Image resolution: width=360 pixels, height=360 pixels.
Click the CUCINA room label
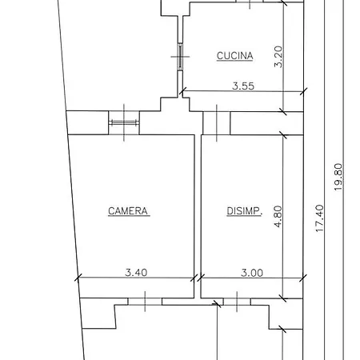pos(234,56)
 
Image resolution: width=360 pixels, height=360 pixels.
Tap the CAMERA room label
pos(128,211)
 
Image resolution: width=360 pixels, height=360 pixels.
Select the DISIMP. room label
pos(244,211)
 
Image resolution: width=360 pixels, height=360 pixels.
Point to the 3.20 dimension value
pos(278,57)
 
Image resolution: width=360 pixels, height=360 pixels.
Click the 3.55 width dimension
pos(243,86)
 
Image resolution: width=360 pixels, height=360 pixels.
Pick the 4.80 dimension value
pos(278,216)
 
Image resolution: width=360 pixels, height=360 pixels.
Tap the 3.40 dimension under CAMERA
pos(136,273)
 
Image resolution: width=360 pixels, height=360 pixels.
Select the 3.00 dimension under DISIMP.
pos(252,273)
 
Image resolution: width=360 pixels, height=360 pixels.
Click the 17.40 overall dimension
pos(319,218)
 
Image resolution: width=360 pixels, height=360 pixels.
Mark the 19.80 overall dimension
pos(338,177)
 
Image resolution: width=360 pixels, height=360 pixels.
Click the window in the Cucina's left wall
pos(180,57)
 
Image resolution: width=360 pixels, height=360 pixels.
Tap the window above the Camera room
pos(124,122)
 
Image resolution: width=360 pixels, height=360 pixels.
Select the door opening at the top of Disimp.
pos(217,123)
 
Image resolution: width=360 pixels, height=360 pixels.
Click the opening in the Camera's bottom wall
pos(145,302)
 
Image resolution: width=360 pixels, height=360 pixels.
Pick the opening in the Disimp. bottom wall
pos(237,302)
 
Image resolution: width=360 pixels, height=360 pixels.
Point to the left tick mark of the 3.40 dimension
pos(78,278)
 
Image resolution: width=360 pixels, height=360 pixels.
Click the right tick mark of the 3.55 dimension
pos(303,91)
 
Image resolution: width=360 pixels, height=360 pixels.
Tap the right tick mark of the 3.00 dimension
pos(303,278)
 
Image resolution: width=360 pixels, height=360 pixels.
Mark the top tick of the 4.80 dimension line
pos(283,135)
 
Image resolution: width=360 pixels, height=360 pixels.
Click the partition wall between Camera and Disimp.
pos(198,216)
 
